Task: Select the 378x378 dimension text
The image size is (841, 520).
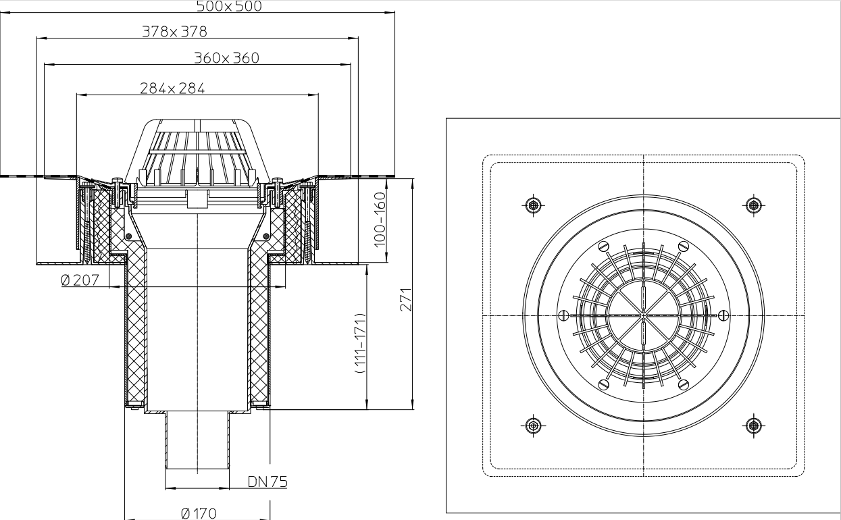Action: point(174,31)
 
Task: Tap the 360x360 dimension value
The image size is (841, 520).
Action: point(226,58)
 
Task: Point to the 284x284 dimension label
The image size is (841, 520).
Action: point(172,88)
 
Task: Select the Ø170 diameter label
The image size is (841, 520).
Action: point(199,513)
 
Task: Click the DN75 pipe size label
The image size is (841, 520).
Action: point(267,482)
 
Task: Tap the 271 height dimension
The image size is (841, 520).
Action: point(405,296)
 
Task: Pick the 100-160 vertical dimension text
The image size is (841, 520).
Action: point(380,217)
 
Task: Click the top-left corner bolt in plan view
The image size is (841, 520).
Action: point(534,204)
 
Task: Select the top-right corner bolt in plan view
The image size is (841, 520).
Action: point(754,204)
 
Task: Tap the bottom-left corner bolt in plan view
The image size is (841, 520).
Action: point(534,425)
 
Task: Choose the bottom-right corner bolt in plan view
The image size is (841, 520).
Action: point(754,425)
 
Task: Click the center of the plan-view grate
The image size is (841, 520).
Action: point(644,315)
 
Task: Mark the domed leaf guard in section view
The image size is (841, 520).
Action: point(198,152)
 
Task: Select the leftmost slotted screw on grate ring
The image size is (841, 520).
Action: point(564,315)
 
